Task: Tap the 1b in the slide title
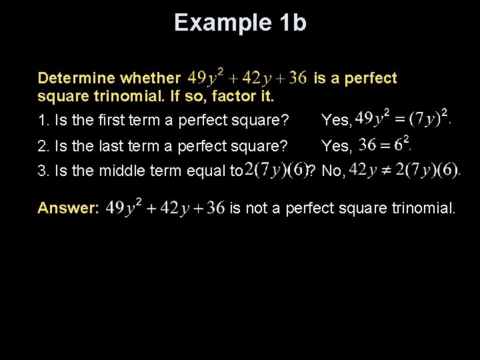click(289, 23)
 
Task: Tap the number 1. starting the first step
click(43, 121)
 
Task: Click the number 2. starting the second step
click(43, 146)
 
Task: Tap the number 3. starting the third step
click(43, 171)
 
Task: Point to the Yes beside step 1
click(335, 121)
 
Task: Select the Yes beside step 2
click(335, 146)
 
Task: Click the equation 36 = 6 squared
click(383, 143)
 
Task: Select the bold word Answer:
click(69, 208)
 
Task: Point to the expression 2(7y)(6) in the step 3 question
click(275, 170)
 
